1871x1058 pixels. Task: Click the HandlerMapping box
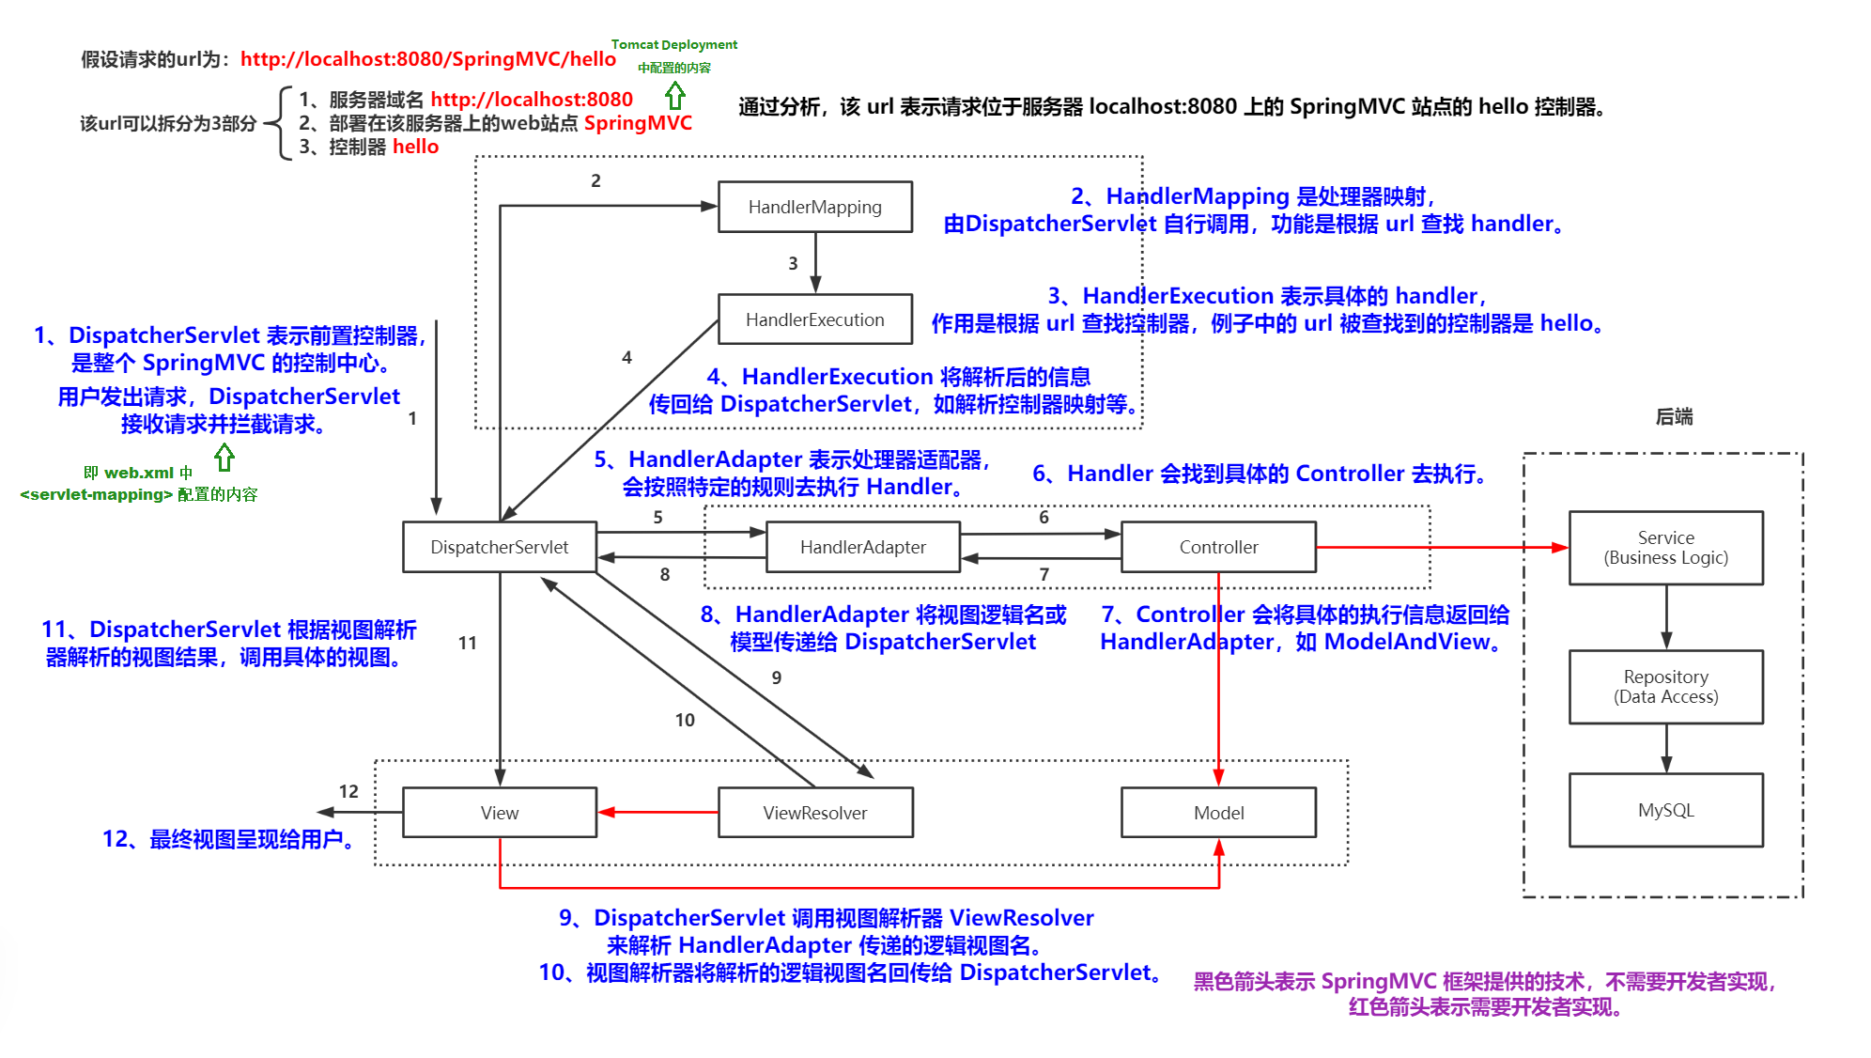(x=814, y=207)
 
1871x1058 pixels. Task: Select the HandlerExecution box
(x=814, y=319)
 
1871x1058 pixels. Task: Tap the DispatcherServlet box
(x=499, y=547)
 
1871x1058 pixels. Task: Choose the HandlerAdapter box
(x=862, y=547)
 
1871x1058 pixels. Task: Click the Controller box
(x=1218, y=547)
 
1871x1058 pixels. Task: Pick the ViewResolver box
(x=814, y=813)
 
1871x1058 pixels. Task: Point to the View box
(x=499, y=813)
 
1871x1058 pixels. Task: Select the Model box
(x=1218, y=813)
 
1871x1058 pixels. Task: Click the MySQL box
(x=1665, y=810)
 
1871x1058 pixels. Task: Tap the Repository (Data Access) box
(x=1665, y=687)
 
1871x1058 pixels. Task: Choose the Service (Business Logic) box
(x=1665, y=548)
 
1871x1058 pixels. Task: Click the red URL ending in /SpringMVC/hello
(x=427, y=59)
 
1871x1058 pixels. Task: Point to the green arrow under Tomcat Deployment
(x=674, y=95)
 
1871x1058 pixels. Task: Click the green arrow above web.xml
(x=224, y=458)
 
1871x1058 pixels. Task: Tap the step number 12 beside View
(x=348, y=791)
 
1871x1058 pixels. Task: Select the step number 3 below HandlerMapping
(x=793, y=264)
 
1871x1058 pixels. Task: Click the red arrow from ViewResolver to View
(x=657, y=812)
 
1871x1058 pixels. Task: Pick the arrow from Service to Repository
(x=1666, y=617)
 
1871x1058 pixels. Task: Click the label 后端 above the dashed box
(x=1674, y=416)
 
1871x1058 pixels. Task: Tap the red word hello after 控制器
(x=415, y=147)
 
